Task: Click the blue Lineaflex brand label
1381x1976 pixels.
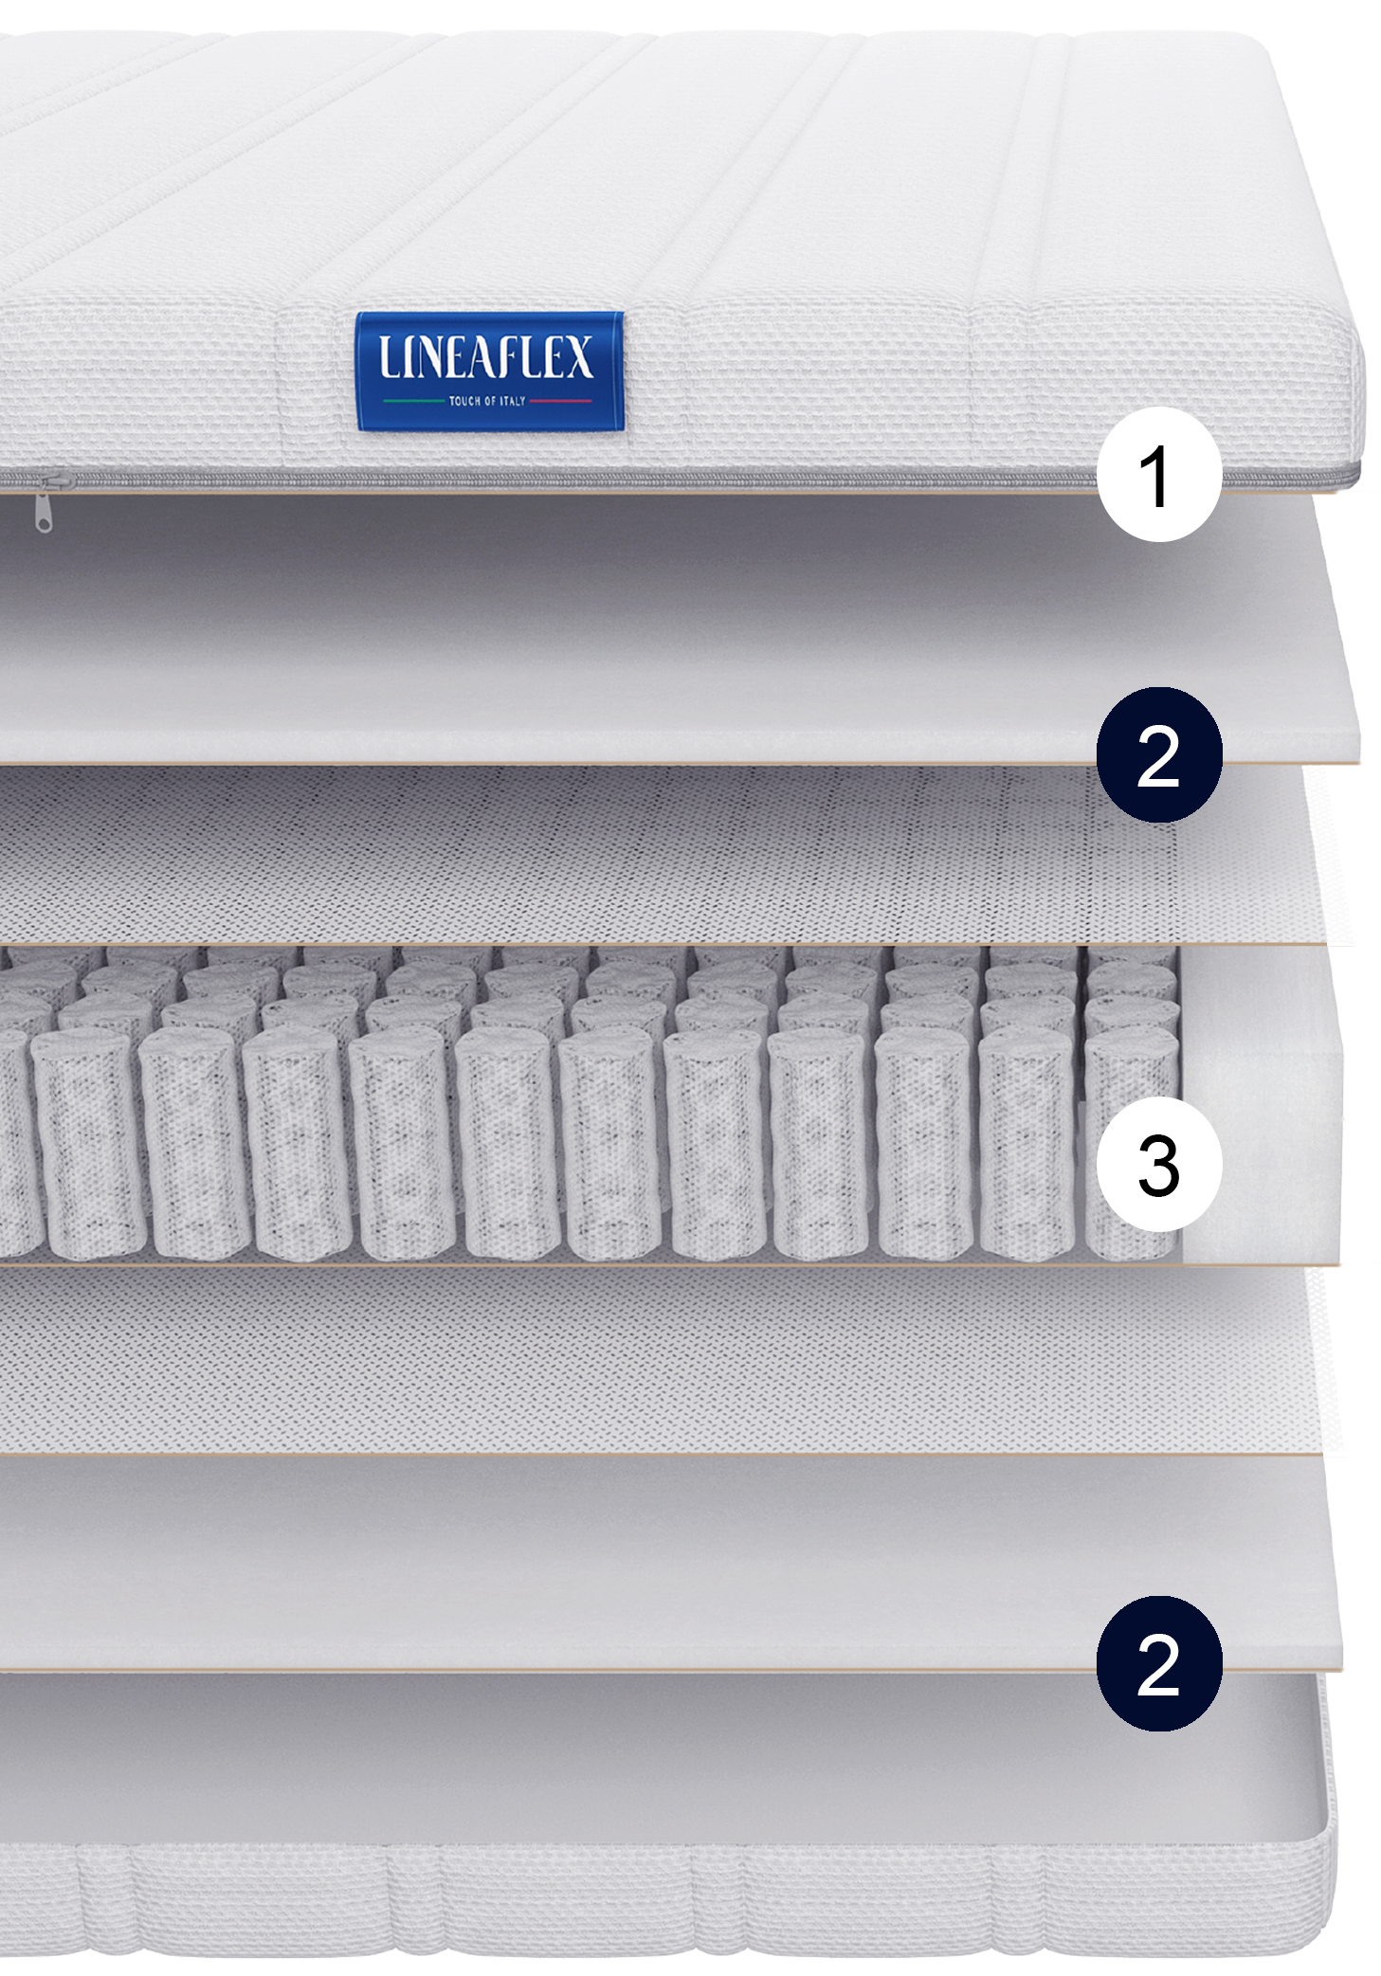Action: point(489,371)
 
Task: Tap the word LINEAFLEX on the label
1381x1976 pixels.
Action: point(486,356)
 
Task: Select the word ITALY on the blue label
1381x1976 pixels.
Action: point(513,401)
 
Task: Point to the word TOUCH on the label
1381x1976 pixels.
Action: point(463,401)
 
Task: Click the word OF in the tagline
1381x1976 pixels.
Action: point(490,401)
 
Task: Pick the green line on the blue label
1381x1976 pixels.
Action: point(413,401)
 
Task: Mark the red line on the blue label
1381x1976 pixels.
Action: point(560,401)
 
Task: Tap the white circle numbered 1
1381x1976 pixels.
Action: point(1158,475)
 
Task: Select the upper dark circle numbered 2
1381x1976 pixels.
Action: point(1158,754)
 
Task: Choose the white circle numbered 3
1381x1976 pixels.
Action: point(1158,1164)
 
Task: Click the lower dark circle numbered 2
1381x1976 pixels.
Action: point(1158,1663)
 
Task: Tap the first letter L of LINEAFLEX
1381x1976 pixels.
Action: point(388,356)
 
